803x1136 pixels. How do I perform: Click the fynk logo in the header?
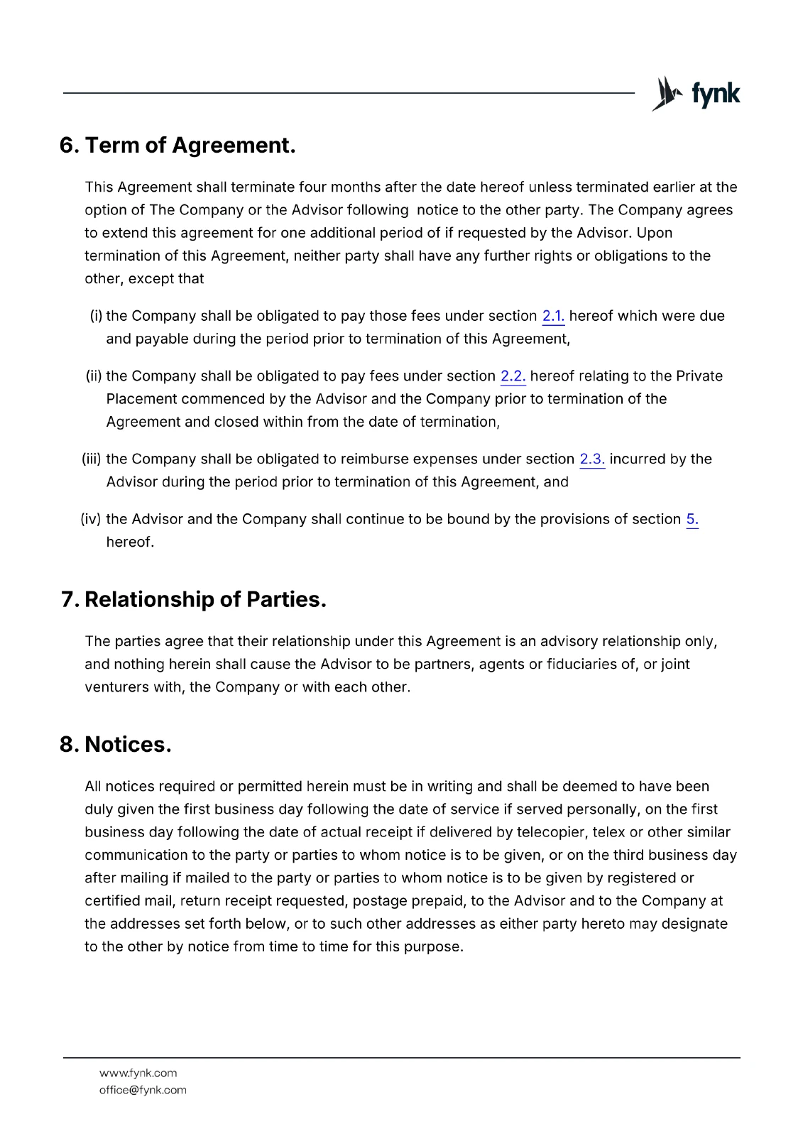(695, 94)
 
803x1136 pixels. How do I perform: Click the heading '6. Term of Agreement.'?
(177, 146)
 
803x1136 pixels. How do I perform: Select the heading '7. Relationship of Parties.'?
(193, 600)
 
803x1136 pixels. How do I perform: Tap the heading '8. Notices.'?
(116, 745)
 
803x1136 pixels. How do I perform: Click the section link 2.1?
(553, 317)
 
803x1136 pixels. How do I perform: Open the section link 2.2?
(513, 376)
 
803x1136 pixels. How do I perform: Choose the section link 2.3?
(592, 459)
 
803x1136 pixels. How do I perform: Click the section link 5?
(692, 520)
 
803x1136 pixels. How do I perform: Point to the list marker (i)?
(96, 316)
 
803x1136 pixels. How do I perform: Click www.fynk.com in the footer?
(138, 1074)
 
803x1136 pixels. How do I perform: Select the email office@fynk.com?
(143, 1091)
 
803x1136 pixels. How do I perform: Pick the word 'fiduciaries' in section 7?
(581, 665)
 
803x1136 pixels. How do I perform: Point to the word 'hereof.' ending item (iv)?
(130, 542)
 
